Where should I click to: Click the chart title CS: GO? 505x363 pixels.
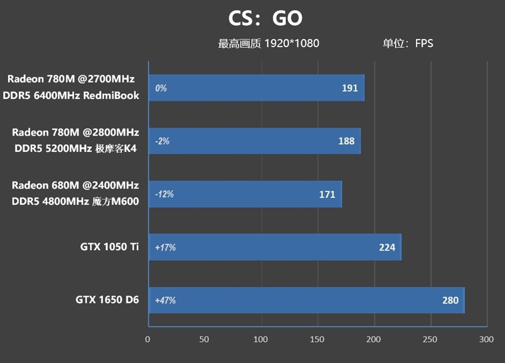tap(265, 18)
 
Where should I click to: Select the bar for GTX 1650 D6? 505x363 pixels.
tap(306, 300)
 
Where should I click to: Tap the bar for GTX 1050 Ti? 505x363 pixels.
tap(275, 247)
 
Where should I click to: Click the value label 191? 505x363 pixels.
tap(350, 88)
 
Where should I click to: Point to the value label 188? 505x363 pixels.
tap(346, 141)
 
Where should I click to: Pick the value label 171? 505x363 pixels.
tap(327, 194)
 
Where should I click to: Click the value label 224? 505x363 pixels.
tap(387, 247)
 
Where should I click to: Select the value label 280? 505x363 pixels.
tap(450, 300)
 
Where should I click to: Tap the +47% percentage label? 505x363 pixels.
tap(165, 301)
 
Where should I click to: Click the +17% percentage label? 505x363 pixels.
tap(165, 248)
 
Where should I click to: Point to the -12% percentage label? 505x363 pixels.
tap(163, 194)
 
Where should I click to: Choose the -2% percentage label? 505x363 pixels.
tap(162, 142)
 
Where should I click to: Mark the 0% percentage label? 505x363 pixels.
tap(160, 89)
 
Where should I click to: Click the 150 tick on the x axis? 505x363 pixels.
tap(318, 339)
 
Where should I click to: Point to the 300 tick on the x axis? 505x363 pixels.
tap(485, 339)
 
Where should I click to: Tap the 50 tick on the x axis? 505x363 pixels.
tap(204, 339)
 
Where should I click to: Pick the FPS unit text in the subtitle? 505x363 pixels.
tap(424, 43)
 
